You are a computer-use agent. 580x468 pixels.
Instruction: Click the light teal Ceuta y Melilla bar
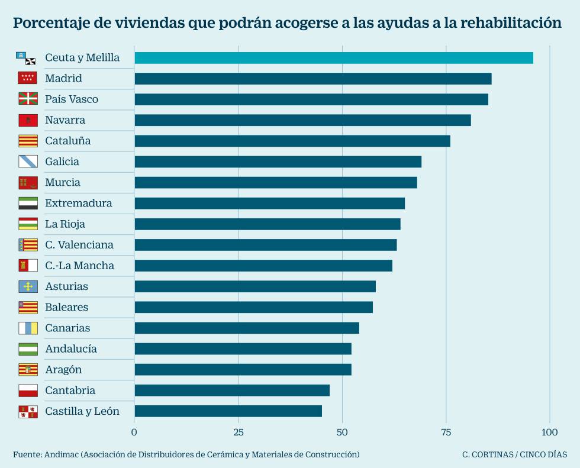[x=333, y=57]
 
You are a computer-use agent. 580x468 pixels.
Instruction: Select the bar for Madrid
[x=312, y=79]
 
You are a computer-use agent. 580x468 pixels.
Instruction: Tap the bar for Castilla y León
[x=228, y=411]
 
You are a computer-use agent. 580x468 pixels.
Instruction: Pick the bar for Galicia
[x=278, y=162]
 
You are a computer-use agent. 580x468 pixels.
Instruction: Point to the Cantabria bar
[x=231, y=390]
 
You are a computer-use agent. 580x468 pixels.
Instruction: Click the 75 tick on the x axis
[x=446, y=432]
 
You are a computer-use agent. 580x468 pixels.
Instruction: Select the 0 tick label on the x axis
[x=134, y=432]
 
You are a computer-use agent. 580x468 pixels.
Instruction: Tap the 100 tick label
[x=550, y=432]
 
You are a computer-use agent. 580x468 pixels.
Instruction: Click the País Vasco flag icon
[x=28, y=99]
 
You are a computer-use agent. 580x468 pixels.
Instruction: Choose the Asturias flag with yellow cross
[x=28, y=286]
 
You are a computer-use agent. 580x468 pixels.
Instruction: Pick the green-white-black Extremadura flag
[x=28, y=203]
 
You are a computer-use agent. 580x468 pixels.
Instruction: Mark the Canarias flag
[x=28, y=328]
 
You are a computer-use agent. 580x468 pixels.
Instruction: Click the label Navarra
[x=65, y=120]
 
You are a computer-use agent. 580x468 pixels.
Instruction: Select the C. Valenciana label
[x=79, y=245]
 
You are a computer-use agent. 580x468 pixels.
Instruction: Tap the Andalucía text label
[x=71, y=349]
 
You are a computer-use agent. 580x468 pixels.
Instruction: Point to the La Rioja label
[x=65, y=224]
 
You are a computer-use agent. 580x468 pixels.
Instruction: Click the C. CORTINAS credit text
[x=488, y=455]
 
